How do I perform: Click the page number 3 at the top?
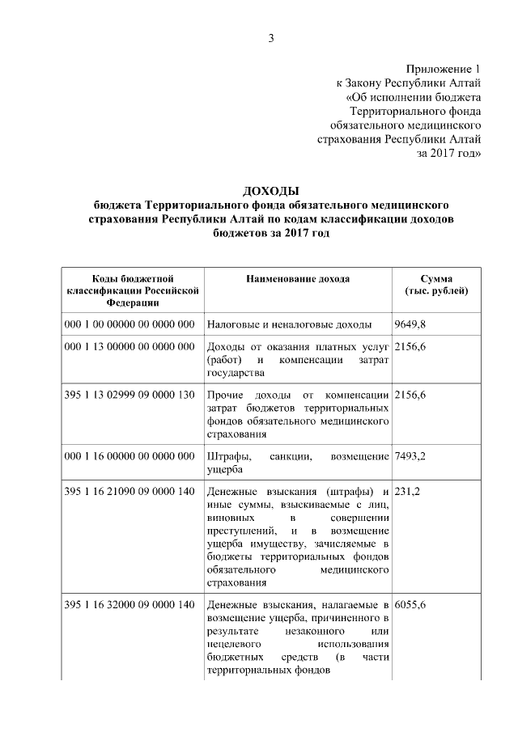272,38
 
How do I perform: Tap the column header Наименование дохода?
298,279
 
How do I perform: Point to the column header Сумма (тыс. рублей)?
436,285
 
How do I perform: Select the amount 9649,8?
410,324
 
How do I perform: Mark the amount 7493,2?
410,456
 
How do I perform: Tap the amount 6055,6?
410,604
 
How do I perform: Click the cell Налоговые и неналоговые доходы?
289,324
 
